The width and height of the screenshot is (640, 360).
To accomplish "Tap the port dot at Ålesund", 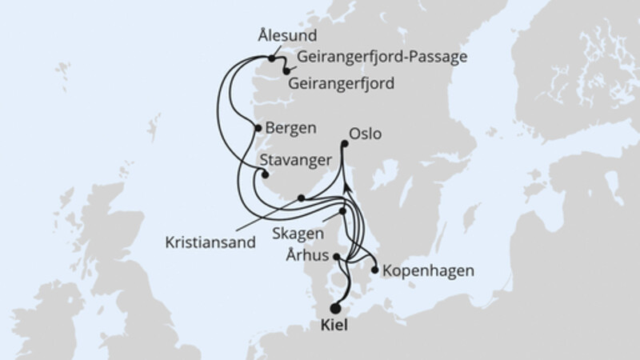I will click(272, 58).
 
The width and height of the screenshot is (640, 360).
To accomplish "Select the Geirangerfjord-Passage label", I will click(381, 58).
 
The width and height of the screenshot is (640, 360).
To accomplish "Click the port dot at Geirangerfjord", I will click(286, 71).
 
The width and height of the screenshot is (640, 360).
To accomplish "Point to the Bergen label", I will click(293, 127).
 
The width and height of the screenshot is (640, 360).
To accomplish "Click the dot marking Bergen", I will click(258, 127).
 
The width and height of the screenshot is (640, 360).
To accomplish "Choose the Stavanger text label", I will click(295, 160).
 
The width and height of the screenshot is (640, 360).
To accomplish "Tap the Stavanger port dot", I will click(266, 175).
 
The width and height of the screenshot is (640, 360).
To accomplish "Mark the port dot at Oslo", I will click(345, 144).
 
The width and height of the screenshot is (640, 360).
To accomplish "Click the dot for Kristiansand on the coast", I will click(301, 198).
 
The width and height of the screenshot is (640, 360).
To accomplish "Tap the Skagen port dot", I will click(343, 212).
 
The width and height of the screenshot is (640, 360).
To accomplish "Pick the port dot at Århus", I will click(337, 258).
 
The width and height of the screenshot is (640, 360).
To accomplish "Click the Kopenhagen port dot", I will click(374, 270).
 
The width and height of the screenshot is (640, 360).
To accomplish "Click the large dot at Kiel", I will click(336, 307).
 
